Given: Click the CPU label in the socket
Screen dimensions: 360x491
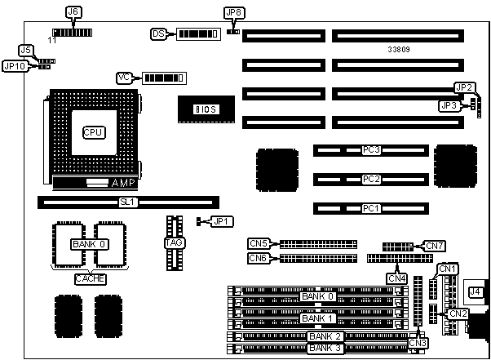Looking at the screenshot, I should tap(93, 131).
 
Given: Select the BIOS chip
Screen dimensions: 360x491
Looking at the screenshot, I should tap(206, 109).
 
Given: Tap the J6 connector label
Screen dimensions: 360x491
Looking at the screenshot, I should tap(73, 12).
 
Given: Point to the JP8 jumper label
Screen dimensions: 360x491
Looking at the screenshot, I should tap(232, 13).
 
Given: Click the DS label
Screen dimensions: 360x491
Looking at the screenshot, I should tap(159, 34).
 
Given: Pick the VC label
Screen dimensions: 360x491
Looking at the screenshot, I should tap(125, 78).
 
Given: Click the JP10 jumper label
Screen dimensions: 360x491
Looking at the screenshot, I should tap(15, 66).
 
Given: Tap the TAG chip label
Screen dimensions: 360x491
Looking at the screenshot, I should tap(172, 242).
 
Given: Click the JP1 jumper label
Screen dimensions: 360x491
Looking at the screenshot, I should tap(221, 221).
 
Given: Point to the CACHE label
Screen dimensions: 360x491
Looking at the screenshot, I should tap(90, 278).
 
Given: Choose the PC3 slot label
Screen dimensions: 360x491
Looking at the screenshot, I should tap(371, 150).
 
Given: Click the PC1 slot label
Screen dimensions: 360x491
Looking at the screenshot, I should tap(371, 209).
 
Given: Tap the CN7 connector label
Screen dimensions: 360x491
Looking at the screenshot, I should tap(435, 245).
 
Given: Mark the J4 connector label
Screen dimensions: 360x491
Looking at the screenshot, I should tap(474, 291).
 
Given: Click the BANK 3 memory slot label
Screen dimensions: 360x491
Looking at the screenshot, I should tap(325, 349).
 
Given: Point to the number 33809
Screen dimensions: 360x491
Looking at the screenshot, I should tap(400, 50).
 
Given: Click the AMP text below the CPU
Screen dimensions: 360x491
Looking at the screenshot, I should tap(122, 183).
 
